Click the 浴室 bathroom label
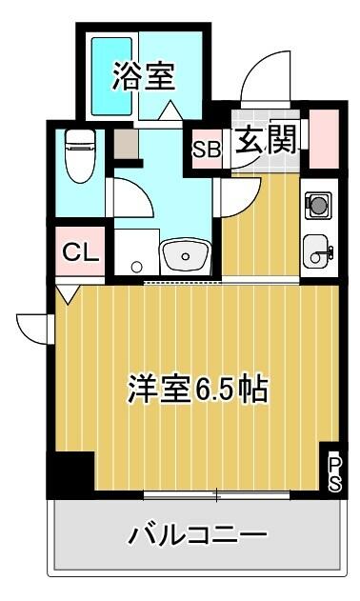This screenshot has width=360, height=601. click(144, 76)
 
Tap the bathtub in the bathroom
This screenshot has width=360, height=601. click(111, 76)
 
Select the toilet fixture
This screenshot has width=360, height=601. click(81, 155)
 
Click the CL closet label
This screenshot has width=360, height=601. click(80, 251)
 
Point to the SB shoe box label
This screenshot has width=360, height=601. click(207, 150)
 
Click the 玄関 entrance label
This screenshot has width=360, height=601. click(266, 139)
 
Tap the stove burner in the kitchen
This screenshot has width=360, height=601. click(318, 206)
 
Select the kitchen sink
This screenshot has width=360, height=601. click(317, 251)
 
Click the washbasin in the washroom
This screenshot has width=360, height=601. click(186, 256)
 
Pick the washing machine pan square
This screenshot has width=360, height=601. click(136, 251)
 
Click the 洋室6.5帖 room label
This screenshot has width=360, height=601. click(197, 389)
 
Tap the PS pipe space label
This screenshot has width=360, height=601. click(334, 473)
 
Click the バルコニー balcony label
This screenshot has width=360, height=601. click(197, 535)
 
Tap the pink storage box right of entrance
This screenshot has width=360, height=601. click(324, 139)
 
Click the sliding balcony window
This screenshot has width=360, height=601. click(216, 495)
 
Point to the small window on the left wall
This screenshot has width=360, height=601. click(50, 329)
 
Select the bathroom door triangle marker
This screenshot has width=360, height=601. click(170, 110)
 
